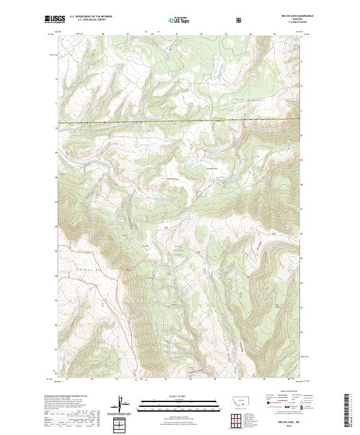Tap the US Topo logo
pos(179,19)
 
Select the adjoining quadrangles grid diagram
pos(239,419)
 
